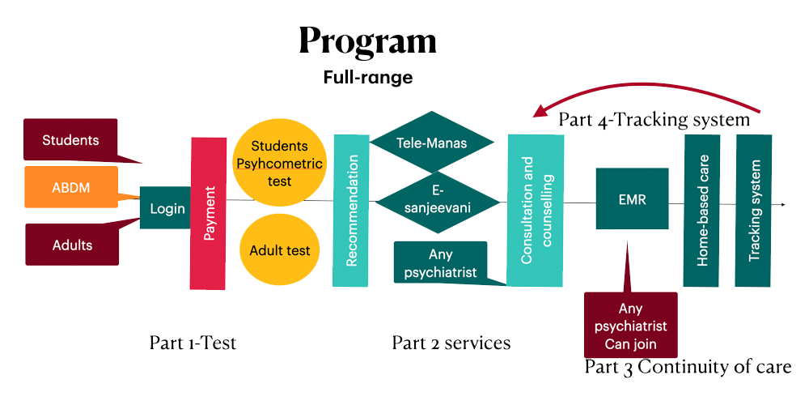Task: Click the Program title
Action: (x=367, y=40)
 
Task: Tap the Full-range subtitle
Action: (x=367, y=78)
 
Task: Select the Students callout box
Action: (x=70, y=140)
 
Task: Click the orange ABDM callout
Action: (x=70, y=187)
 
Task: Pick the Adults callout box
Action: (x=72, y=245)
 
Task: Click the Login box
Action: (x=167, y=208)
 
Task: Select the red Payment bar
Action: (x=208, y=213)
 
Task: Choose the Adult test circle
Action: (x=279, y=250)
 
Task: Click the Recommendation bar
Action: (x=351, y=211)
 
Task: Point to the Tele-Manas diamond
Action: (x=432, y=143)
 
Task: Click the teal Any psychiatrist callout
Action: (x=441, y=262)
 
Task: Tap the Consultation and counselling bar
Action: (x=535, y=210)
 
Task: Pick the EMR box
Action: (x=632, y=198)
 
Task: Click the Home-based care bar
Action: (x=701, y=210)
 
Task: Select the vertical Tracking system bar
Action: (x=754, y=210)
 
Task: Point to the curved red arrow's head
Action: (x=540, y=113)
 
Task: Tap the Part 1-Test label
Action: (x=193, y=343)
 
